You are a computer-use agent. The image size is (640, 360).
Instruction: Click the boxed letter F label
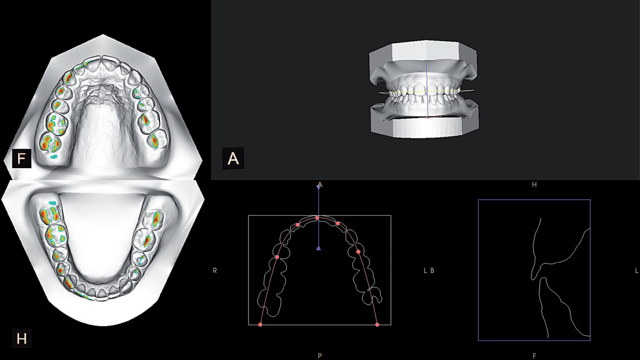(x=21, y=158)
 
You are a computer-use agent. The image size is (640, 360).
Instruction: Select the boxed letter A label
(x=232, y=158)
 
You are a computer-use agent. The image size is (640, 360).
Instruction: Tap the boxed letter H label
(x=21, y=338)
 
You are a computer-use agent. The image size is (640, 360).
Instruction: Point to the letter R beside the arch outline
(x=215, y=270)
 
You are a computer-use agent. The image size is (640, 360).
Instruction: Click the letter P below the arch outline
(x=319, y=356)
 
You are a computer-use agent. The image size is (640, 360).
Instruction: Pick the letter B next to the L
(x=432, y=270)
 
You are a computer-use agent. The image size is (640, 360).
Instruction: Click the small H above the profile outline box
(x=534, y=185)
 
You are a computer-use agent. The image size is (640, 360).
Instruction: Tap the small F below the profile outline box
(x=534, y=356)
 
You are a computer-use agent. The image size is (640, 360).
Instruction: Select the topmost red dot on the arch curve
(x=317, y=218)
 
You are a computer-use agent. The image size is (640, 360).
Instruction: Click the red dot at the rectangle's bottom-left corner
(x=261, y=324)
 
